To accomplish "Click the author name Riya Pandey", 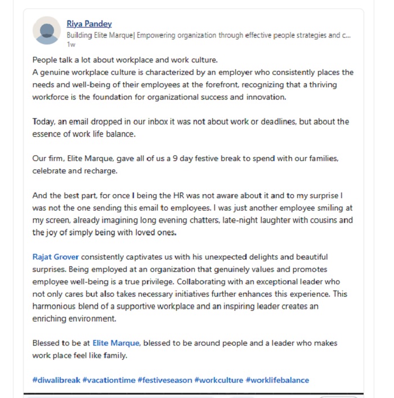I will tap(89, 24).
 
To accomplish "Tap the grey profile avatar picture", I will tap(47, 31).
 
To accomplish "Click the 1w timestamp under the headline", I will tap(70, 44).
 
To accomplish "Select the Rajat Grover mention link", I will tap(55, 257).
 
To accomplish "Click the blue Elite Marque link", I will tap(116, 343).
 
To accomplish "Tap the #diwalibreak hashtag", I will tap(56, 380).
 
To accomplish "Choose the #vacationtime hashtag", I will tap(108, 380).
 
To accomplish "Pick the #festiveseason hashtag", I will tap(164, 380).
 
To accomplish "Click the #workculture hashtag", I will tap(218, 380).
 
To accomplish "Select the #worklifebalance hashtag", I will tap(277, 380).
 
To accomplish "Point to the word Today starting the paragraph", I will tap(43, 122).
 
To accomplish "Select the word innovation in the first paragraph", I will tap(266, 97).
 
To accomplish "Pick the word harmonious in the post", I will tap(55, 306).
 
